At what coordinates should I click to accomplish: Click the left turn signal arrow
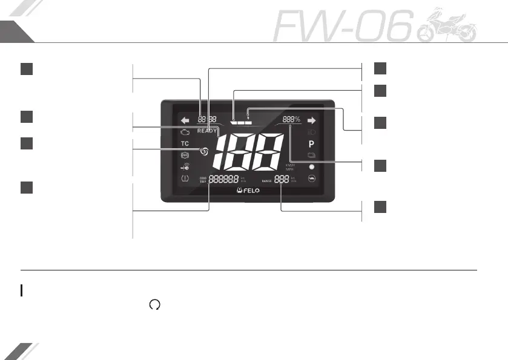click(185, 120)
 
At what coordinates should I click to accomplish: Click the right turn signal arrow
click(312, 120)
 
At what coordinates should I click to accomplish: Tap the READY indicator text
click(207, 131)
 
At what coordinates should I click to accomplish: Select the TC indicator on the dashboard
click(185, 144)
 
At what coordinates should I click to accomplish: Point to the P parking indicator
click(311, 145)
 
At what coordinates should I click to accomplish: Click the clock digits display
click(208, 119)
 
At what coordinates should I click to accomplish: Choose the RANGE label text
click(267, 180)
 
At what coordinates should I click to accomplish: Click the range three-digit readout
click(282, 179)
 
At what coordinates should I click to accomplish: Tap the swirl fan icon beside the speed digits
click(204, 152)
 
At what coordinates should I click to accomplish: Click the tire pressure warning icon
click(185, 178)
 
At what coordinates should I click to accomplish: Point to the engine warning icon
click(185, 131)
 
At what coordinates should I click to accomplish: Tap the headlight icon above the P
click(311, 132)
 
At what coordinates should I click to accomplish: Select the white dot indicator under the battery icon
click(311, 166)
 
